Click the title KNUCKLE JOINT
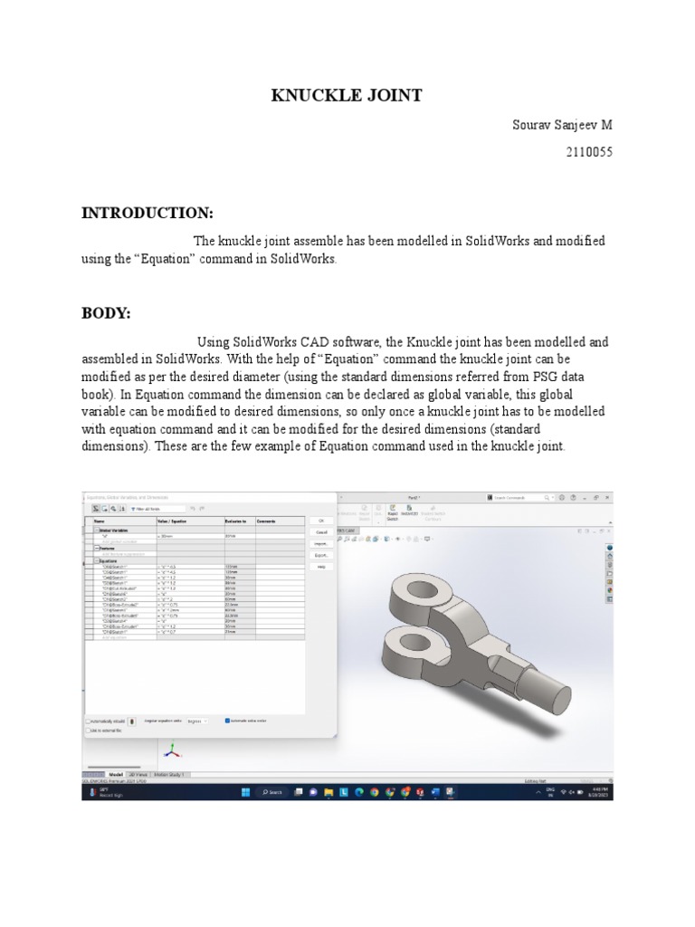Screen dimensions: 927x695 point(347,96)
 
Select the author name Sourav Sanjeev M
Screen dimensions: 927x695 point(562,124)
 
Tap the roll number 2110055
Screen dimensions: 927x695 point(589,153)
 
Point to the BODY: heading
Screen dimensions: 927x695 point(107,313)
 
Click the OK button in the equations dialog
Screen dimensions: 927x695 point(320,521)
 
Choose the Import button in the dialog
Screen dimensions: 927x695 point(320,543)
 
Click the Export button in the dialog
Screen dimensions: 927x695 point(320,555)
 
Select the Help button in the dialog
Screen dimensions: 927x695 point(320,567)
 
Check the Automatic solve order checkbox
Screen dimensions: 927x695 point(228,721)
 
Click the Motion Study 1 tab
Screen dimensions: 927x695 point(174,775)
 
